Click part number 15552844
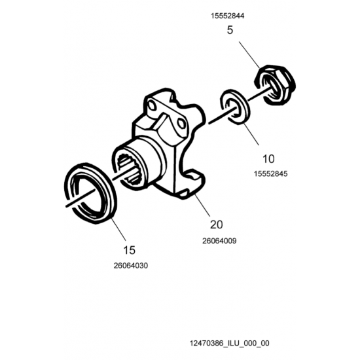pyautogui.click(x=228, y=16)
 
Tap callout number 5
pyautogui.click(x=230, y=30)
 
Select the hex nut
pyautogui.click(x=275, y=85)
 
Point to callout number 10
pyautogui.click(x=268, y=159)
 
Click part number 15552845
pyautogui.click(x=270, y=174)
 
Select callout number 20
pyautogui.click(x=216, y=225)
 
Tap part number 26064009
pyautogui.click(x=219, y=241)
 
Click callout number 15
pyautogui.click(x=129, y=250)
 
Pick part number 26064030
pyautogui.click(x=131, y=266)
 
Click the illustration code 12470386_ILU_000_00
pyautogui.click(x=229, y=343)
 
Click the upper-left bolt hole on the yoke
pyautogui.click(x=151, y=105)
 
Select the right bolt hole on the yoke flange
pyautogui.click(x=181, y=124)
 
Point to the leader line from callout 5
pyautogui.click(x=249, y=54)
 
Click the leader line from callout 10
pyautogui.click(x=251, y=134)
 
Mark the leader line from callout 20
pyautogui.click(x=202, y=206)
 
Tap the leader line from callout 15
pyautogui.click(x=118, y=229)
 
